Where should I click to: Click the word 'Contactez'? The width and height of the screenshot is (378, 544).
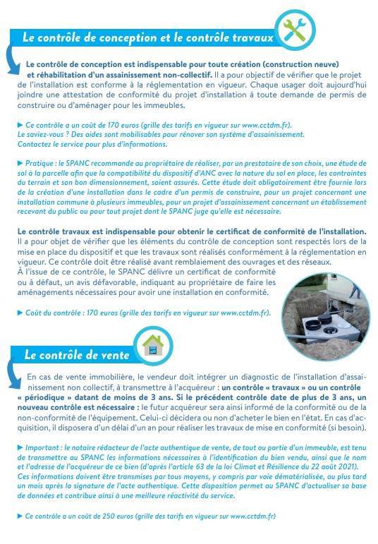click(32, 143)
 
